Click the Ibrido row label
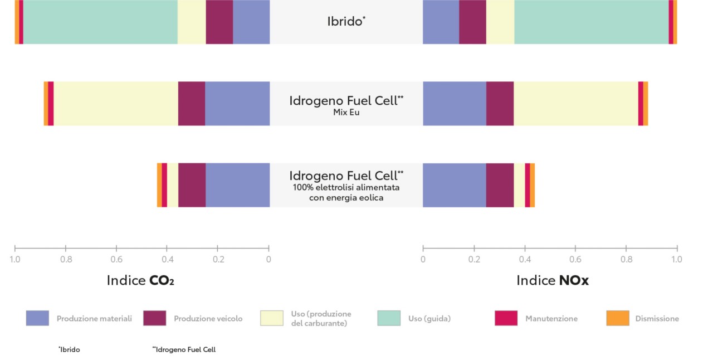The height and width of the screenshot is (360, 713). click(346, 22)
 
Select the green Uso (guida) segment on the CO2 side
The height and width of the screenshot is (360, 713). click(100, 22)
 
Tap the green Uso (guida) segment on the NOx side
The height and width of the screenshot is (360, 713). click(591, 22)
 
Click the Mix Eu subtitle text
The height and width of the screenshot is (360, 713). click(346, 112)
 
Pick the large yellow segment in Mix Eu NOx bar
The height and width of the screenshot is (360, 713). click(575, 103)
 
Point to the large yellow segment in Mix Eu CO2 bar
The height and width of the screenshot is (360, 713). click(116, 103)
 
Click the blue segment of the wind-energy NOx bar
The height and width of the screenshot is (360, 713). click(454, 185)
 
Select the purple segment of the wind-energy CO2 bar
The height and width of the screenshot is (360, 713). click(192, 185)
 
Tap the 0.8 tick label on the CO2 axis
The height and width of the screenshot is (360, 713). click(66, 260)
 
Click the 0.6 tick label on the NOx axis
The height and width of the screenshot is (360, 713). click(575, 260)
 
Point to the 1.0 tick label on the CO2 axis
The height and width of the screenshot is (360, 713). click(15, 260)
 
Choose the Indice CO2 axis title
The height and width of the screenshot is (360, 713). click(140, 280)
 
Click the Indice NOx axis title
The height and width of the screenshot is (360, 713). click(552, 280)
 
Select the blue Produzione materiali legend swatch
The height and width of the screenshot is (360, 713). click(37, 318)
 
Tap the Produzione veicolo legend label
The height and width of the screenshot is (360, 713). click(208, 319)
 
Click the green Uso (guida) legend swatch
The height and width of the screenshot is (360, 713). click(389, 318)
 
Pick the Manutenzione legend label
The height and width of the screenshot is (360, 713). click(551, 319)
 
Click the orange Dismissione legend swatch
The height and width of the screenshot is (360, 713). click(617, 318)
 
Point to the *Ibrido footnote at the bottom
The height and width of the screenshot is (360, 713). click(69, 350)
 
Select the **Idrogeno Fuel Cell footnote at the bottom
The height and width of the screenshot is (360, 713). click(184, 350)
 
